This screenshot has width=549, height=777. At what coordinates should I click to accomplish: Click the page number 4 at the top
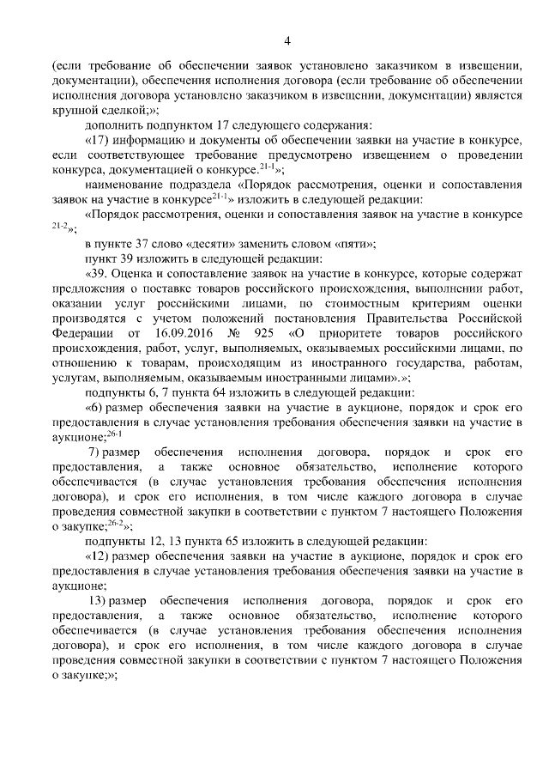click(287, 40)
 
